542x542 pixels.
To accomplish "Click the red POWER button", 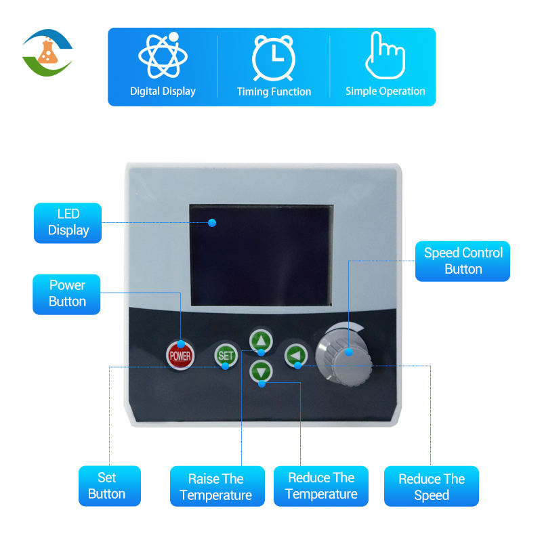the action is pyautogui.click(x=180, y=354).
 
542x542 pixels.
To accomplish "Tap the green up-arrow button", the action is pyautogui.click(x=261, y=339).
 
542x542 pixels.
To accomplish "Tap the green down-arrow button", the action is pyautogui.click(x=262, y=371).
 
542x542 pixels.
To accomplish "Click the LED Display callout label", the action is pyautogui.click(x=68, y=223).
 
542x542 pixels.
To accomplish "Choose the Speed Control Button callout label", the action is pyautogui.click(x=463, y=262).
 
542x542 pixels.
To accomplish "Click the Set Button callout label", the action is pyautogui.click(x=107, y=486).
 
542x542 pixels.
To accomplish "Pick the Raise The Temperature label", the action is pyautogui.click(x=216, y=486).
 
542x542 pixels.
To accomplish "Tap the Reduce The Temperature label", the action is pyautogui.click(x=321, y=486).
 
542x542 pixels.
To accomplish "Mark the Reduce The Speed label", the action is pyautogui.click(x=432, y=486).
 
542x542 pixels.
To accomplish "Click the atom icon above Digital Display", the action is pyautogui.click(x=163, y=55).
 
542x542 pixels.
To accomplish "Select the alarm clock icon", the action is pyautogui.click(x=274, y=57).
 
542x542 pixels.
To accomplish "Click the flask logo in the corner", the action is pyautogui.click(x=47, y=53).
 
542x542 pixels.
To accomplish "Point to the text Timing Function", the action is pyautogui.click(x=274, y=91).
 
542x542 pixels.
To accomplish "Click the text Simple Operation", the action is pyautogui.click(x=385, y=91).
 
